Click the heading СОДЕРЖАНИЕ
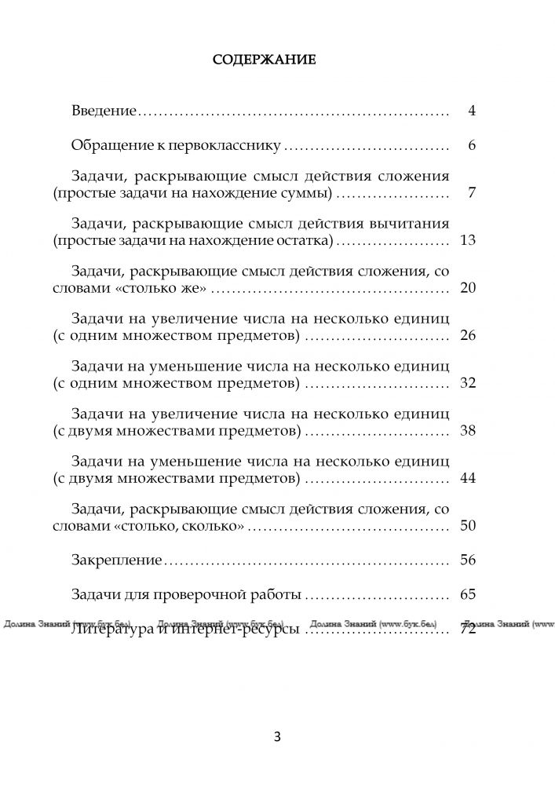click(x=265, y=59)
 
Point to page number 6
click(x=472, y=146)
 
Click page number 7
click(x=472, y=193)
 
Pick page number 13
click(x=468, y=240)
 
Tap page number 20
click(x=468, y=289)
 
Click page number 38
click(x=468, y=430)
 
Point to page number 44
click(x=468, y=477)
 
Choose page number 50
click(x=468, y=525)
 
